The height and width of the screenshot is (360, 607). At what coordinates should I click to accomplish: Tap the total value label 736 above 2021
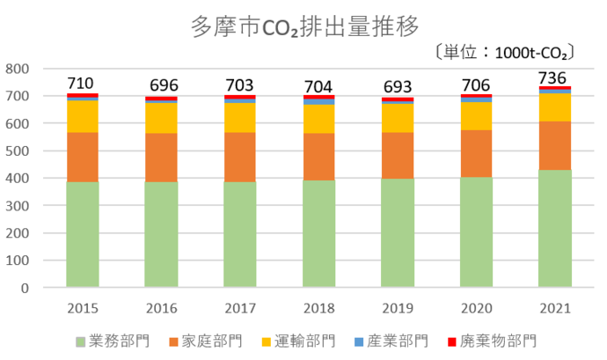click(555, 77)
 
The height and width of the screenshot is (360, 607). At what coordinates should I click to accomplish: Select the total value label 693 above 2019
click(398, 87)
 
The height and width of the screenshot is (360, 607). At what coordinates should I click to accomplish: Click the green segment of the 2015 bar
click(83, 234)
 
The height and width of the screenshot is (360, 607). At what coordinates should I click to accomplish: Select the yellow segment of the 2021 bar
click(555, 107)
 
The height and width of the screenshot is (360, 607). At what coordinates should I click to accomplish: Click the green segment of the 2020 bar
click(476, 231)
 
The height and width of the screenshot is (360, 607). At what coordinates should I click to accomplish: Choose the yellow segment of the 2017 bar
click(240, 117)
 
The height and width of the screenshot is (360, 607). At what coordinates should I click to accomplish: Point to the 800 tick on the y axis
click(18, 69)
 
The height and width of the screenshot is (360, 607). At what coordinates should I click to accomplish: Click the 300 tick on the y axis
click(18, 206)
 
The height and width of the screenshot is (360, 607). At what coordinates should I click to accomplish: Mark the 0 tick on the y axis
click(26, 288)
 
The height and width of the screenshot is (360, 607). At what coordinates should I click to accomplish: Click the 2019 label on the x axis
click(398, 308)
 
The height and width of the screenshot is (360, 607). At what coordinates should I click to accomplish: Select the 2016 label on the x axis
click(161, 308)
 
